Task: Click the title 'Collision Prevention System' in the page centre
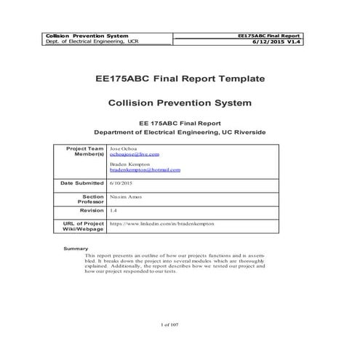point(180,103)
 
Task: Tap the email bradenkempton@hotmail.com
point(145,169)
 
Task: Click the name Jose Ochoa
point(123,148)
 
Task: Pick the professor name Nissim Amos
point(126,196)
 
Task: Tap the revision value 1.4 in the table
point(113,209)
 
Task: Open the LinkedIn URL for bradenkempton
point(161,224)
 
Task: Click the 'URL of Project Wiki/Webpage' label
point(84,226)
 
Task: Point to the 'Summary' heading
point(76,249)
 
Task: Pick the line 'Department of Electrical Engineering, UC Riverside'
point(180,132)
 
